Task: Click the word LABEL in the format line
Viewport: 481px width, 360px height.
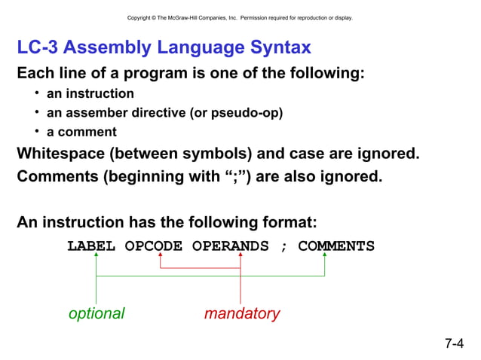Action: pos(91,246)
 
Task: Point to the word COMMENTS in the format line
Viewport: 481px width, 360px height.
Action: pos(336,246)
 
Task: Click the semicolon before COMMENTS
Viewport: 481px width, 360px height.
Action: pos(283,247)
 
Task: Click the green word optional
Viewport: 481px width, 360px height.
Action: pos(97,314)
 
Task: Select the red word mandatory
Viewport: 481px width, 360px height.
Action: pos(242,314)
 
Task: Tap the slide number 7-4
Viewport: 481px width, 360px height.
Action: pos(454,344)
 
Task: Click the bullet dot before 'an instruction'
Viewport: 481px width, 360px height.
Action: pos(37,93)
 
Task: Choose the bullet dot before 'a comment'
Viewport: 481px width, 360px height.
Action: pos(37,132)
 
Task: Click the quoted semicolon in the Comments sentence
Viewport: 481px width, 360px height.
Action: pos(228,178)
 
